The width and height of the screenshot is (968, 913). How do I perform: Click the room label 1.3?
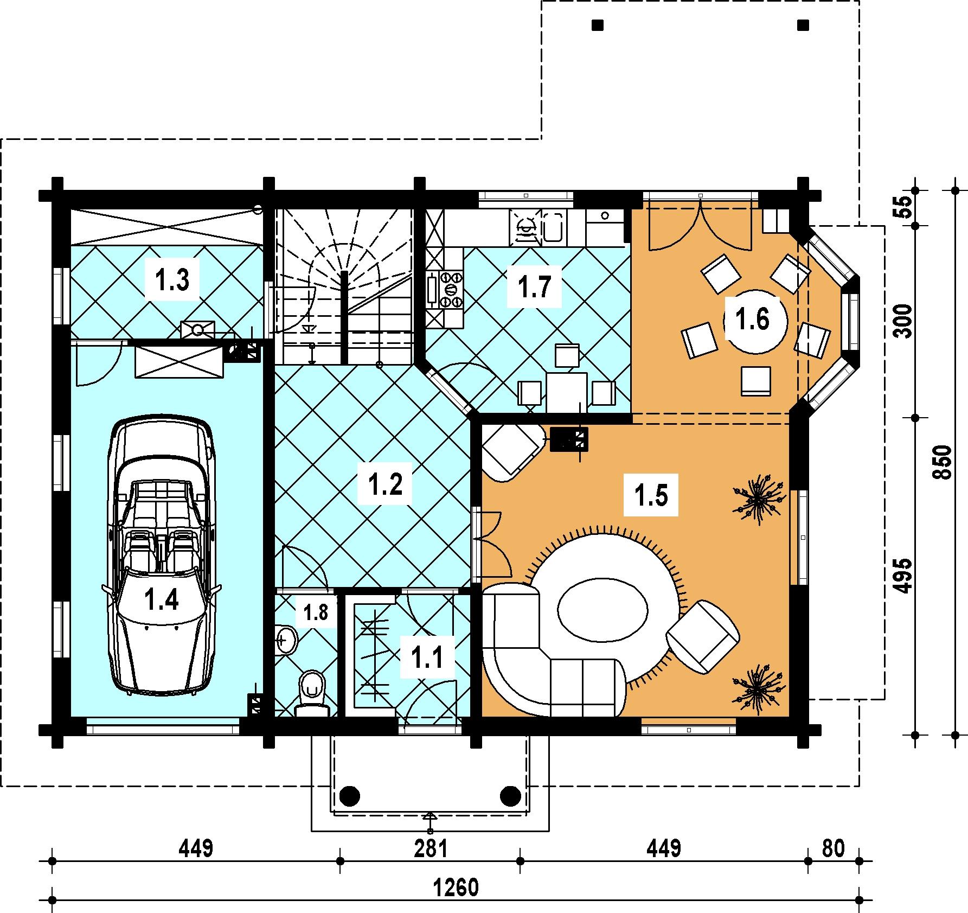tap(172, 280)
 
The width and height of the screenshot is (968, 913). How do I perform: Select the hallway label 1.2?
tap(385, 484)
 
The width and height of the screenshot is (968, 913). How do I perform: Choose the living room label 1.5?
tap(651, 495)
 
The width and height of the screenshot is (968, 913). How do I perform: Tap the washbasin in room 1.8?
tap(286, 639)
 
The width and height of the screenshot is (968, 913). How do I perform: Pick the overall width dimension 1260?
tap(457, 888)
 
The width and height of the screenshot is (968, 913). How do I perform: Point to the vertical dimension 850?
tap(943, 462)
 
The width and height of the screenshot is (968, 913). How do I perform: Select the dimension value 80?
tap(833, 848)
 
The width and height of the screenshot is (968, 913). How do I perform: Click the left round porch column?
tap(350, 796)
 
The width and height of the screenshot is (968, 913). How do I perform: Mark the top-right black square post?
tap(803, 25)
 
